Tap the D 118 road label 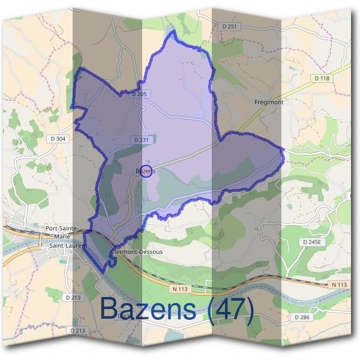pos(322,78)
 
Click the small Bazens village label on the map pos(146,171)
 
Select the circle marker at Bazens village pos(146,170)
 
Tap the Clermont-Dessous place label pos(137,252)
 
